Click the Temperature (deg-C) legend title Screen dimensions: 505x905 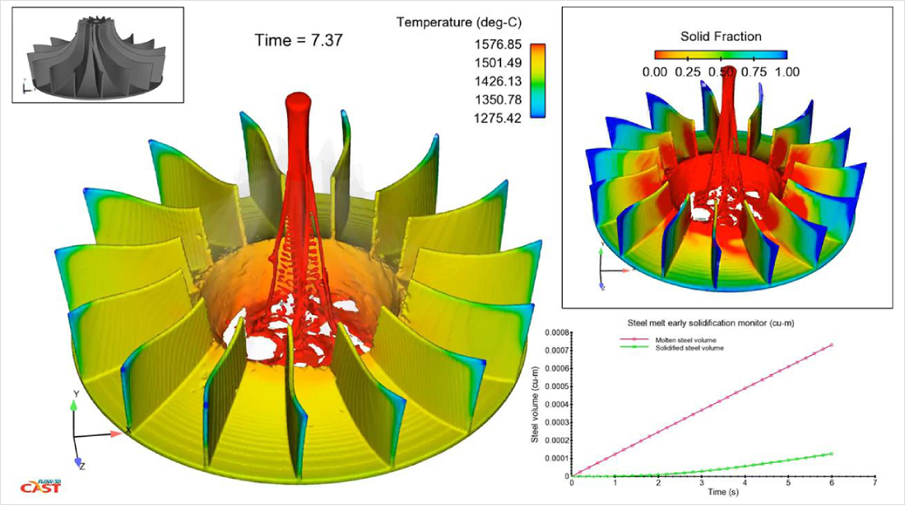[459, 22]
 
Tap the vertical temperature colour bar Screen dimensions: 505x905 [538, 81]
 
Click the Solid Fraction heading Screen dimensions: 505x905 [721, 36]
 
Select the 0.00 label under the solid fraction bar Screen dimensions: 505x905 [655, 71]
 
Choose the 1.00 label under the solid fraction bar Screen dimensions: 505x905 [786, 71]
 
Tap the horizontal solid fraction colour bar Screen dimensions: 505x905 [721, 55]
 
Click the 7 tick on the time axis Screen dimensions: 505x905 [875, 484]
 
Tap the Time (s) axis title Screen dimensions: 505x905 [722, 493]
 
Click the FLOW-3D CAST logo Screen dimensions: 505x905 [36, 486]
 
